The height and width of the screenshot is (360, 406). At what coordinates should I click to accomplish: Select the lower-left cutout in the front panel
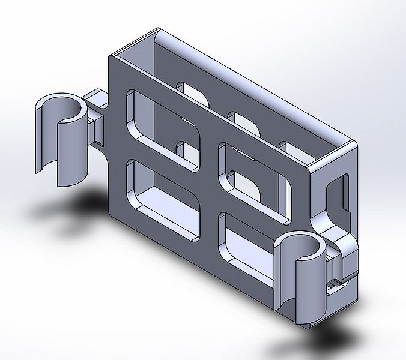pos(161,198)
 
